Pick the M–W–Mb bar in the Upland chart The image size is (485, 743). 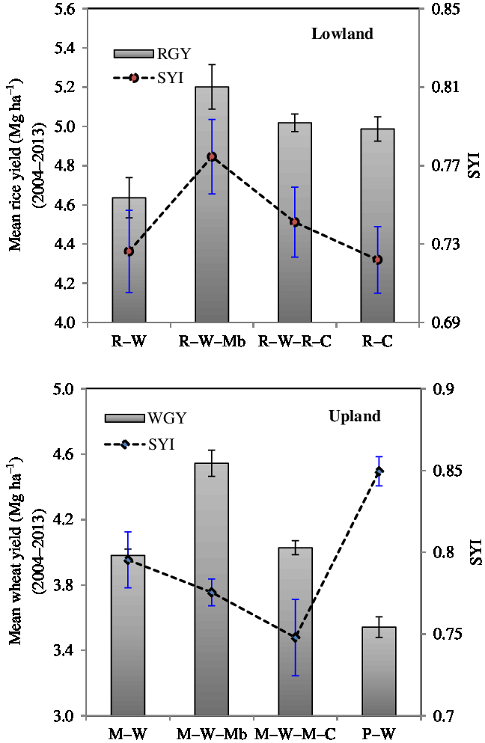point(212,599)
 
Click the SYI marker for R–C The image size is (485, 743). point(378,260)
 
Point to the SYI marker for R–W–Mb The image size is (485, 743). point(212,156)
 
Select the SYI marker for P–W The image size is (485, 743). point(379,471)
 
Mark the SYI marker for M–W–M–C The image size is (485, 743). point(296,637)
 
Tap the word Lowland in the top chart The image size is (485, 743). point(342,34)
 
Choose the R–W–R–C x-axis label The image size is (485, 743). point(295,340)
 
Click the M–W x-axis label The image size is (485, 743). point(129,731)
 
